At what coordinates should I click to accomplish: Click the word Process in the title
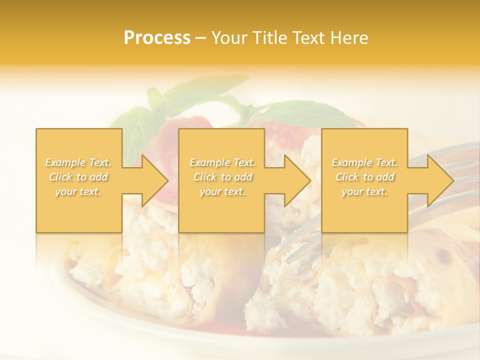click(x=157, y=38)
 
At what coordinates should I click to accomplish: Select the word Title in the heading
click(x=269, y=38)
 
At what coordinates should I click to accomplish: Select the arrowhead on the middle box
click(x=294, y=180)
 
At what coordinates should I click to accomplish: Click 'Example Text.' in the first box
click(x=78, y=162)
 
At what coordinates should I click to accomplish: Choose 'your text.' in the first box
click(x=78, y=191)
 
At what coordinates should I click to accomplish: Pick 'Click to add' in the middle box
click(x=222, y=177)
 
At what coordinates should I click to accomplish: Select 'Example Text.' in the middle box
click(x=222, y=162)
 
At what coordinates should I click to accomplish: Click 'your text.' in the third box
click(x=364, y=191)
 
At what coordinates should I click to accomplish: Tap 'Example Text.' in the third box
click(x=364, y=162)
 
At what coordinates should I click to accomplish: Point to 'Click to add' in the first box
click(x=78, y=177)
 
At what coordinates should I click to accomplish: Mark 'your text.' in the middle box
click(x=222, y=191)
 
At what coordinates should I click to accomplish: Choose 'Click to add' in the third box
click(x=364, y=177)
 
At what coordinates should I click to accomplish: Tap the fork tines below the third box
click(x=300, y=245)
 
